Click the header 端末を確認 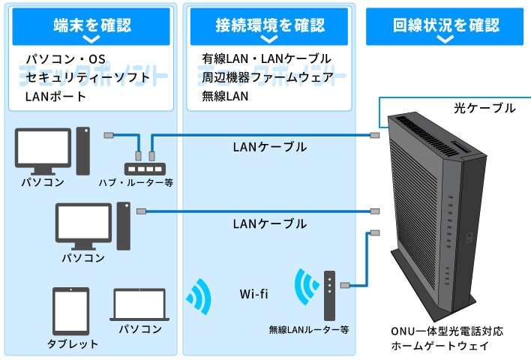coord(92,25)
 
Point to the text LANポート coord(55,96)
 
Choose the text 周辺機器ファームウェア coord(266,77)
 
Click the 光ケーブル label coord(484,109)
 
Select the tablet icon coord(71,311)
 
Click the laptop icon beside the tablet coord(140,306)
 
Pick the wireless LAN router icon coord(328,293)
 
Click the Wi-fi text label coord(254,293)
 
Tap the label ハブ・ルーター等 coord(136,182)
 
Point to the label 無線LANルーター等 coord(309,329)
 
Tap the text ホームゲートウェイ coord(439,346)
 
